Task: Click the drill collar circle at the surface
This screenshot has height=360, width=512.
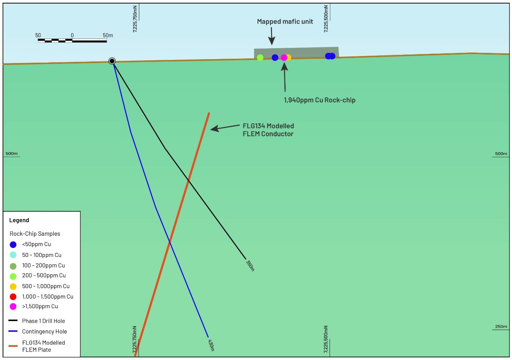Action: point(112,61)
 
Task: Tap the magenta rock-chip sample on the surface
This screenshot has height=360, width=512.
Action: point(284,58)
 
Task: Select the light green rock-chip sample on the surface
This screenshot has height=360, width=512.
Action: point(260,58)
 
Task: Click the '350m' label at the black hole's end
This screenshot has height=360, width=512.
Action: point(250,265)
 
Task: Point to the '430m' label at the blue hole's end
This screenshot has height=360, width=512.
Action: point(211,345)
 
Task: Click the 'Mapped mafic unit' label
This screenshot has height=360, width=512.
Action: point(285,22)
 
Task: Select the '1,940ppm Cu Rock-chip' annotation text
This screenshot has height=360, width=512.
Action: point(319,100)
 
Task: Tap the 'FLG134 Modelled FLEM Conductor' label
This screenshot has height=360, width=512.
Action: point(268,130)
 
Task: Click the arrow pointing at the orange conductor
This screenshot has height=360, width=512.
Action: point(225,127)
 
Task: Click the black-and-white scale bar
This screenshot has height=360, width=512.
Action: point(72,40)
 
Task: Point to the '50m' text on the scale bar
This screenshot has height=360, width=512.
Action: point(108,35)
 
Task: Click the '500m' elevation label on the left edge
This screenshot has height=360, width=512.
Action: point(12,154)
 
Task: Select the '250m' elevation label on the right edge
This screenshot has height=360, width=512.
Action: point(501,327)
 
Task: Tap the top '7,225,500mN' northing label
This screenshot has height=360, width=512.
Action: point(326,18)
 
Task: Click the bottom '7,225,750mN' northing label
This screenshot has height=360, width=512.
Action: point(135,340)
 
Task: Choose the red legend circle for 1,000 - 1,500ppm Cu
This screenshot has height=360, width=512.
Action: point(13,297)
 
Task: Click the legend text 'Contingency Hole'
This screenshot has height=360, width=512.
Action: point(44,332)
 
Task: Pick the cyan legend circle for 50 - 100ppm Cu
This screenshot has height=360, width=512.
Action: point(13,255)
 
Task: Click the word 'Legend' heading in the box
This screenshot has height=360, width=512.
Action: point(19,220)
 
